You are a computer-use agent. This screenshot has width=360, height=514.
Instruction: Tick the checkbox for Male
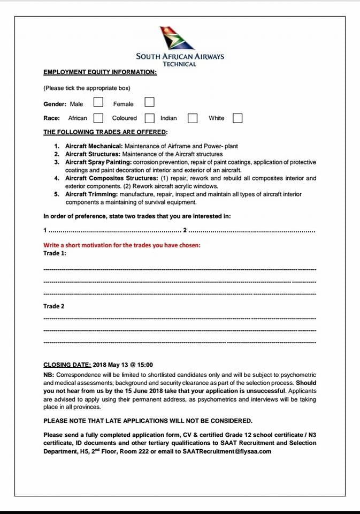point(98,102)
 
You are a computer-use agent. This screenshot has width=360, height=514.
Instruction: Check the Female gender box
point(150,102)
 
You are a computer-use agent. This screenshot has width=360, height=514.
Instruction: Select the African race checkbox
point(98,117)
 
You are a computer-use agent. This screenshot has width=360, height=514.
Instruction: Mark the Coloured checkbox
point(150,117)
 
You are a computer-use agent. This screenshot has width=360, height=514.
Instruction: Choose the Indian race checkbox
point(193,117)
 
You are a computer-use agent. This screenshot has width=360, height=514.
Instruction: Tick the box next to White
point(238,117)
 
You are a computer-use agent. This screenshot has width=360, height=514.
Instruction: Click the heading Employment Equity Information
point(100,72)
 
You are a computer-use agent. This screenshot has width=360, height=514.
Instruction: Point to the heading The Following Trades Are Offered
point(105,132)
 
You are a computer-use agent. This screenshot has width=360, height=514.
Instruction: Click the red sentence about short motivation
point(122,245)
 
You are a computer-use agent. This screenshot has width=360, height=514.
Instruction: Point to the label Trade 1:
point(55,253)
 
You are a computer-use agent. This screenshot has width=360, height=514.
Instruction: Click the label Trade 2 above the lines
point(54,306)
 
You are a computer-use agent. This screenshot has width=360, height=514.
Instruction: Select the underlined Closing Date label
point(67,365)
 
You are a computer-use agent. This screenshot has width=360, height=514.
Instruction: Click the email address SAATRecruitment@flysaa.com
point(227,451)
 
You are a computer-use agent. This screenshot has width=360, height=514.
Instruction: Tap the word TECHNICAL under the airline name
point(180,64)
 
